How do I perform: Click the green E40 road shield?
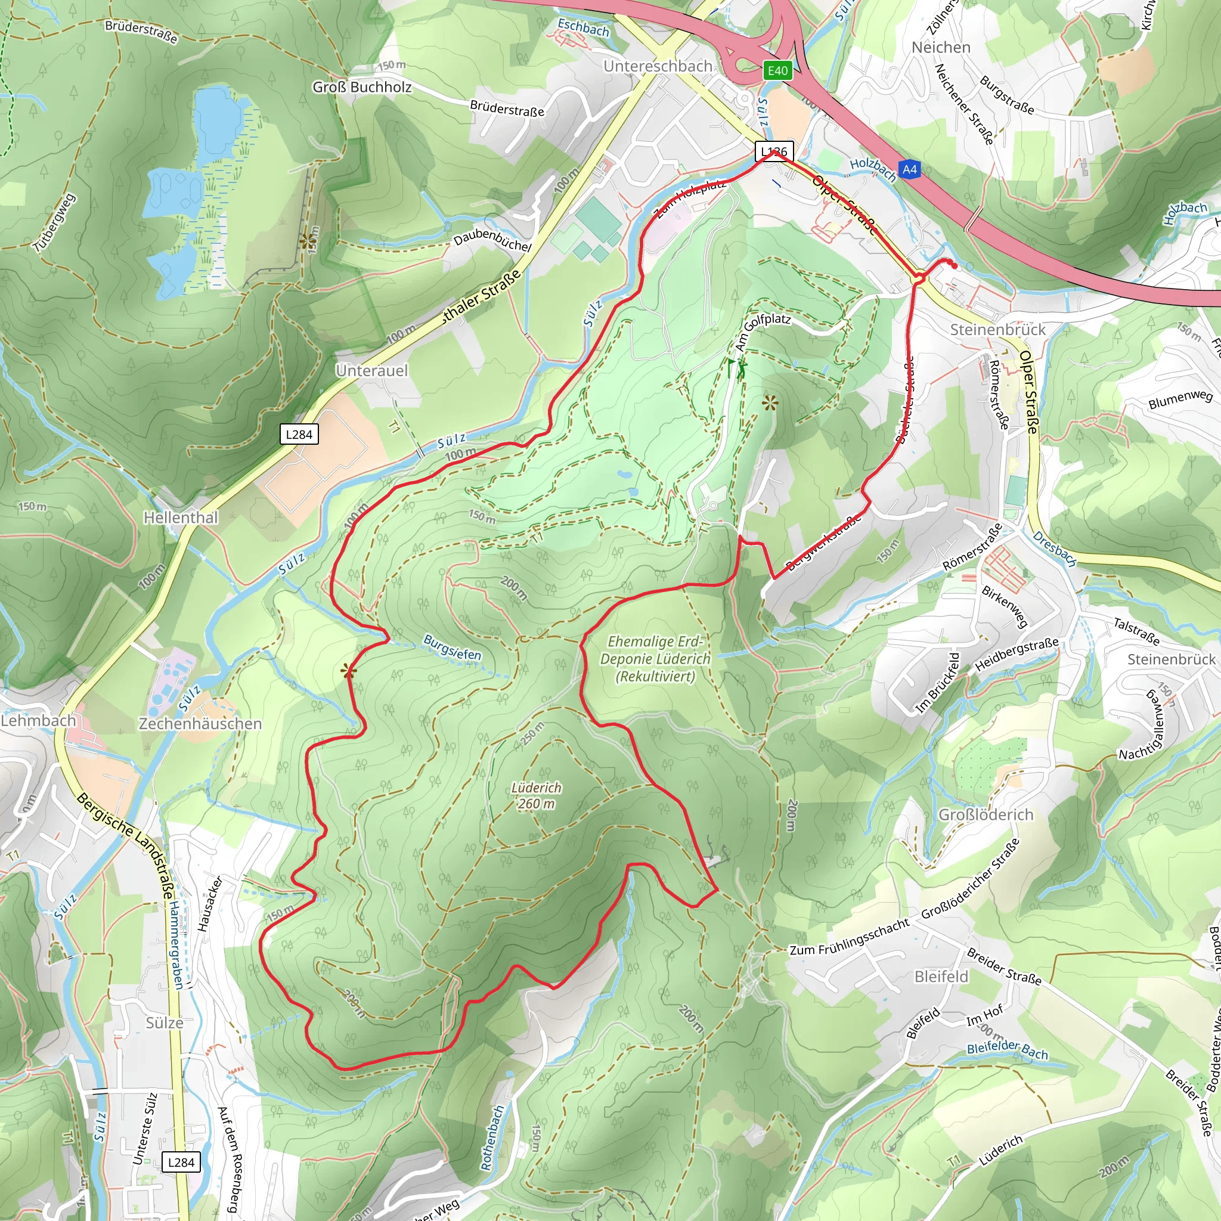777,70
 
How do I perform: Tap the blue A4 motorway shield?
909,169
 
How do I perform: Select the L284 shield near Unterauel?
299,434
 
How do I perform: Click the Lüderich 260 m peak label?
536,796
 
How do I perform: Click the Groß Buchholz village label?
362,87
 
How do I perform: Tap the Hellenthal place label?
181,517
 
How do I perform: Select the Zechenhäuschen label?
200,724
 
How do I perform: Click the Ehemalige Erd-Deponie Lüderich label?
655,659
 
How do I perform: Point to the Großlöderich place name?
986,814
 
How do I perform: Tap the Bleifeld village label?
941,977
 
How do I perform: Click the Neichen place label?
941,48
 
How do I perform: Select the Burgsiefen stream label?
452,648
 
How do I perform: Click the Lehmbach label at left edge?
38,720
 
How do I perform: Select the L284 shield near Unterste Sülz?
181,1161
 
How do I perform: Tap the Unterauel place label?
371,371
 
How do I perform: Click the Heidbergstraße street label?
1017,655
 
